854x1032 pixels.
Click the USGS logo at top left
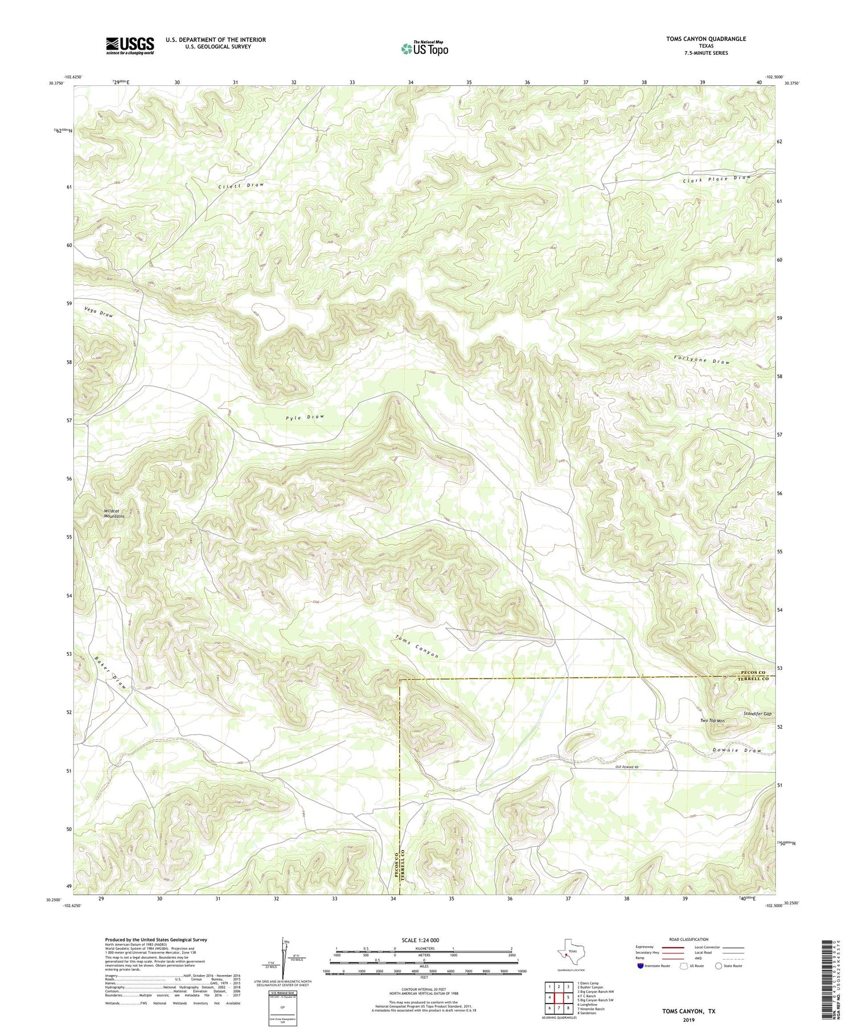(130, 46)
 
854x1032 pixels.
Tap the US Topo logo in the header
(424, 48)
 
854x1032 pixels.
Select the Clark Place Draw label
(717, 179)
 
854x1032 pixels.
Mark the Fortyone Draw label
(701, 360)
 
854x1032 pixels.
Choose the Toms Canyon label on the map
(417, 646)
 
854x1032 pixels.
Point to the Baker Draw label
(109, 673)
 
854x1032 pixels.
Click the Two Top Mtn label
(712, 721)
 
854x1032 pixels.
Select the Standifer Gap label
(757, 713)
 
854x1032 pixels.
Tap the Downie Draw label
(737, 750)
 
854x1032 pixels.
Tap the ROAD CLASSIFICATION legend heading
(689, 939)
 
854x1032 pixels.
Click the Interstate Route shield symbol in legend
(640, 966)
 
